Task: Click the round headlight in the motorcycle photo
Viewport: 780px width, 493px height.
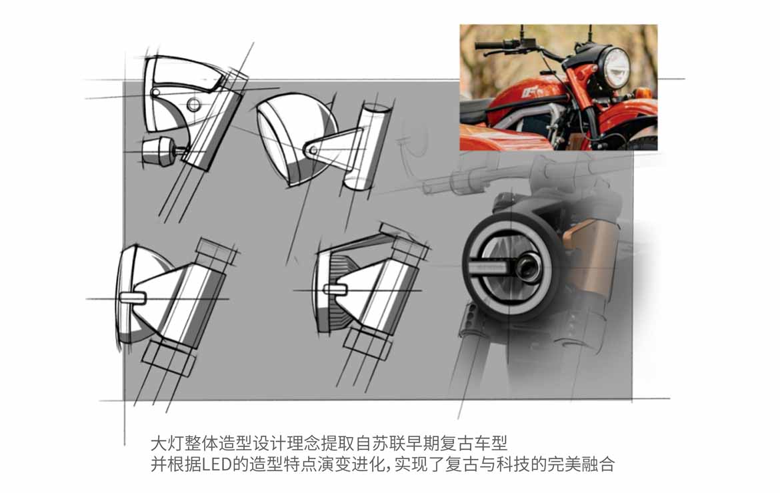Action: pyautogui.click(x=615, y=67)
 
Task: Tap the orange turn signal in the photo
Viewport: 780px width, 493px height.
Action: pyautogui.click(x=642, y=93)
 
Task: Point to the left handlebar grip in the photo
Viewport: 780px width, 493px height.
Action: pyautogui.click(x=489, y=46)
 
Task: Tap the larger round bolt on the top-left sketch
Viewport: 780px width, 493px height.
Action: pyautogui.click(x=193, y=105)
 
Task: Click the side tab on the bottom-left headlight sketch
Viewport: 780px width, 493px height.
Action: pyautogui.click(x=133, y=298)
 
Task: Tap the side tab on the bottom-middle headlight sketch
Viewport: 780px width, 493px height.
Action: pyautogui.click(x=336, y=288)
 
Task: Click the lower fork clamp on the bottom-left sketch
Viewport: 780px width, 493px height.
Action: pyautogui.click(x=167, y=359)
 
